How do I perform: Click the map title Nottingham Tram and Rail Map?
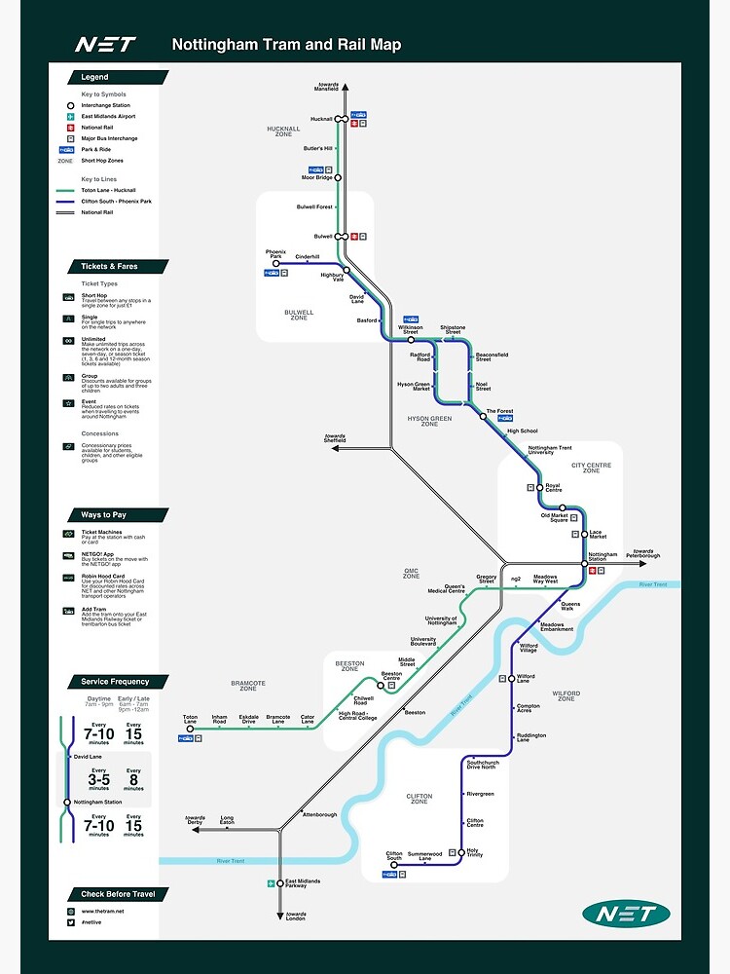286,45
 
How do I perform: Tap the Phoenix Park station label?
275,254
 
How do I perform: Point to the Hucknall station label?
321,119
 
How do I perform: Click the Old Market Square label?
554,517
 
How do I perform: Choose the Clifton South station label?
394,856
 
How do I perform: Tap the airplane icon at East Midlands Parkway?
272,883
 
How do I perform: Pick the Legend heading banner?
95,77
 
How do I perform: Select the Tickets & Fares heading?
108,266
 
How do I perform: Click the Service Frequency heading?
115,682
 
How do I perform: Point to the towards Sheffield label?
335,438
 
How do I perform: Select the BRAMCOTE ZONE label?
248,686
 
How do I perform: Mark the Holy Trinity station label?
474,853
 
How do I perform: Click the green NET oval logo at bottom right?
626,914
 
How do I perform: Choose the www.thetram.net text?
100,911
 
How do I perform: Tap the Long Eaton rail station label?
227,820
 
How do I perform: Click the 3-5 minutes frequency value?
99,779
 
